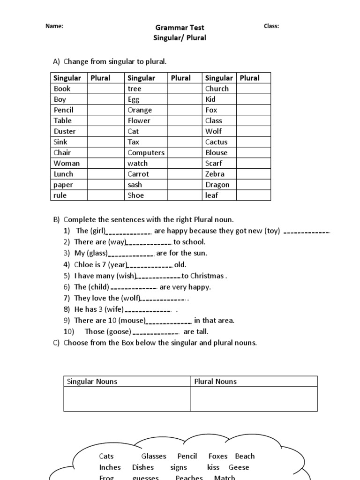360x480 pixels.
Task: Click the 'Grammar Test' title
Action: pos(180,28)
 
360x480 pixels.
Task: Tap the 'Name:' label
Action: pos(54,26)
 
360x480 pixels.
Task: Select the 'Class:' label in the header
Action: pos(271,26)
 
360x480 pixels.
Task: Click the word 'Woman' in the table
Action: pos(67,163)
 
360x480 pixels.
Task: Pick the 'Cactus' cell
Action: pos(216,142)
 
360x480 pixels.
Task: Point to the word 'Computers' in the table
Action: pos(146,153)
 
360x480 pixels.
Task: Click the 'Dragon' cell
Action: pos(217,185)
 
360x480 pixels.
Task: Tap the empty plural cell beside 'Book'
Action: pos(106,89)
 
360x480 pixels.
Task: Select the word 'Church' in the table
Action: pos(217,89)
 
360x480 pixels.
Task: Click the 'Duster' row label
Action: pos(65,131)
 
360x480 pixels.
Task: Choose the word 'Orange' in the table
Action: pos(140,110)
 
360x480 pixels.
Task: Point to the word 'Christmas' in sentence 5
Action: pos(207,276)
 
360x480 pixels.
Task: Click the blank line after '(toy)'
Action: pos(307,232)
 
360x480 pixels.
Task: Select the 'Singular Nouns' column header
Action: pos(92,382)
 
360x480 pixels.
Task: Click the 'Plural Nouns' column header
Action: pos(216,382)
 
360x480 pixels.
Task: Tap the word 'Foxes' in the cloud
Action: pos(218,456)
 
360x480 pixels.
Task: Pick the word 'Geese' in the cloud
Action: pos(239,467)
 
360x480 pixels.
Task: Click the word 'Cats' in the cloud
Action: pos(106,456)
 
